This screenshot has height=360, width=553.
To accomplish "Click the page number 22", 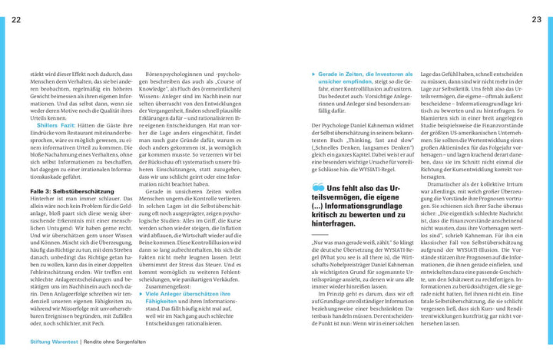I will point(16,20).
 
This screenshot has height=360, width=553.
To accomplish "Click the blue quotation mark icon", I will point(318,187).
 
